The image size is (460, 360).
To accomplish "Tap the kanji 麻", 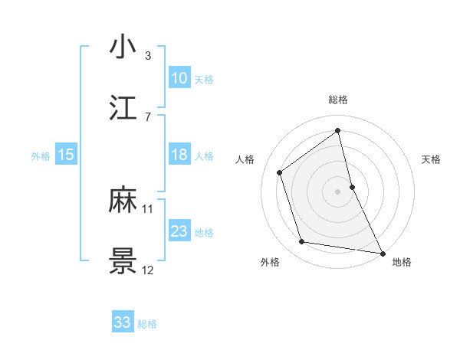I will (x=123, y=200).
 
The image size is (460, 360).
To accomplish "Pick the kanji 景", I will (x=123, y=261).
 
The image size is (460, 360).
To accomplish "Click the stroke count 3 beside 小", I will (x=148, y=55).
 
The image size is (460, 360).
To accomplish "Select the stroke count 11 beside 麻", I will (x=148, y=208).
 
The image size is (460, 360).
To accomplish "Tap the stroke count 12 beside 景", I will (x=148, y=270).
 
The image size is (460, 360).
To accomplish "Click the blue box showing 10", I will (x=179, y=78).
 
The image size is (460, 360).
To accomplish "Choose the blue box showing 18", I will (x=179, y=155).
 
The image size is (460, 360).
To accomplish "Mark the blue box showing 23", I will (x=179, y=231).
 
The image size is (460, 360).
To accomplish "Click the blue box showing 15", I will (x=66, y=155).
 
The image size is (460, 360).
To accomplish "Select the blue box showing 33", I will (x=123, y=322).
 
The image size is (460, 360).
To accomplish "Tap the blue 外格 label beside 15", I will (x=41, y=155).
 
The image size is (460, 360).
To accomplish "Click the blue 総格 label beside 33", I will (x=147, y=324).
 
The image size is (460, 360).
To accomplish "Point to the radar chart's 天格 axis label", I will (x=431, y=159).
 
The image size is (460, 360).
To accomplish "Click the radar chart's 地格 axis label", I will (x=402, y=262).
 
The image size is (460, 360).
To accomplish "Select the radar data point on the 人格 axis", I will (x=280, y=172).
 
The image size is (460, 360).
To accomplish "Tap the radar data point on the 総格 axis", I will (x=337, y=130).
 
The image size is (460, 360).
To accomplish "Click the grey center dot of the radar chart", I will (x=337, y=191).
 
